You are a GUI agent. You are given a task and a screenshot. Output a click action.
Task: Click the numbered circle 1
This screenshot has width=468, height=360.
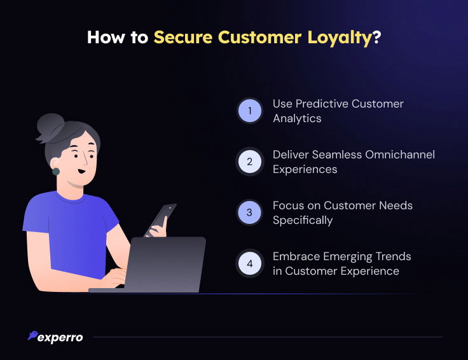[x=250, y=111]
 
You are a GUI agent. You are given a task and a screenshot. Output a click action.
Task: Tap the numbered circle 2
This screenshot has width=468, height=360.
[x=250, y=162]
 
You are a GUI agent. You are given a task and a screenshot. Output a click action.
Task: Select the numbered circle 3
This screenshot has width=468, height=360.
[x=250, y=212]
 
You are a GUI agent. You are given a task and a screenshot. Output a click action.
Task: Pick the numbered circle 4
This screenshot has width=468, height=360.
[x=250, y=263]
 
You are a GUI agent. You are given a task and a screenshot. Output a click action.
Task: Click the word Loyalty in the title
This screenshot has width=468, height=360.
[x=340, y=38]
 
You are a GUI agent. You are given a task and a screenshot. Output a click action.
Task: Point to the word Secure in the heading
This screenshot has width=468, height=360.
[x=183, y=38]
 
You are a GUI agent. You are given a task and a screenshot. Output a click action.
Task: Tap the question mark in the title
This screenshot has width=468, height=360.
[x=377, y=38]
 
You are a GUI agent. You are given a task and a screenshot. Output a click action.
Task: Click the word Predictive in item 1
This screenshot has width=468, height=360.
[x=322, y=104]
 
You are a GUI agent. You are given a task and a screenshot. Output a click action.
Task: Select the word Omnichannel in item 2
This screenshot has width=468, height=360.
[x=400, y=155]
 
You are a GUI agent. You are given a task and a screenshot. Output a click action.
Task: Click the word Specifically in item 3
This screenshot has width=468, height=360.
[x=303, y=221]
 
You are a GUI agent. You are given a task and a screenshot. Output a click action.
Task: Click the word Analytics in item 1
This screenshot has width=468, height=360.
[x=297, y=118]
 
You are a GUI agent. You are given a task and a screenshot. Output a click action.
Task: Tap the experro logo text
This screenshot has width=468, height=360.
[x=60, y=338]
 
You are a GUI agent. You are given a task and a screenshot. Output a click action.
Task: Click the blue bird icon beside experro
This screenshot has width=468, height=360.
[x=32, y=335]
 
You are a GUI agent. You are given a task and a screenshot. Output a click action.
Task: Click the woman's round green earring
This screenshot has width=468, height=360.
[x=56, y=172]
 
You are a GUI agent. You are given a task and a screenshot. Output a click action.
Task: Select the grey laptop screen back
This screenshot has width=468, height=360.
[x=165, y=265]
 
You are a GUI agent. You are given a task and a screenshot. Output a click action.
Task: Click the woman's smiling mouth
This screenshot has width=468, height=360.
[x=81, y=172]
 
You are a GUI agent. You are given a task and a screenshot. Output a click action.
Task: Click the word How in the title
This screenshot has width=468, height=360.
[x=106, y=38]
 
